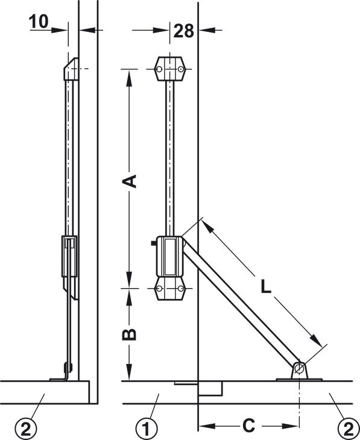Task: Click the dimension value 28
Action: pos(184,31)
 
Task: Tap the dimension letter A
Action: pos(129,181)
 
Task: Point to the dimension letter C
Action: pos(248,426)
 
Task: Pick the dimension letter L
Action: pos(266,286)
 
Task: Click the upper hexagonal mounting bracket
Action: pos(170,69)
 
